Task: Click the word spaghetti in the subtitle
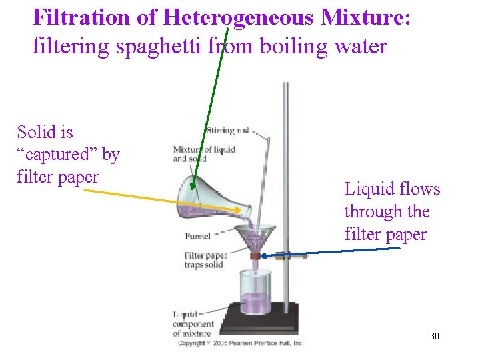point(165,46)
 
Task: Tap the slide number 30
point(435,336)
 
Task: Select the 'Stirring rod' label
point(227,130)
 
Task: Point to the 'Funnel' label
point(198,236)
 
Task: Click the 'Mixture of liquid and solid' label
point(203,154)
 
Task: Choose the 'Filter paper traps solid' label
point(205,260)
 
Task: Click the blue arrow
point(333,252)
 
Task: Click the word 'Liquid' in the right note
point(367,189)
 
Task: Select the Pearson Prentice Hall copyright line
point(240,343)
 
